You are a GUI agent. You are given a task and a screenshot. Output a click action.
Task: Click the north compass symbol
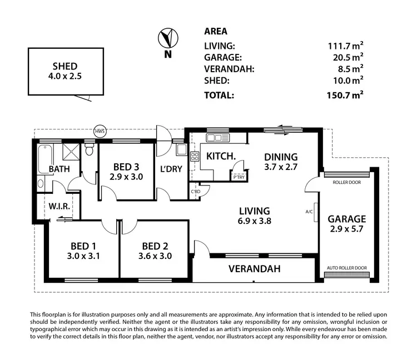pos(166,39)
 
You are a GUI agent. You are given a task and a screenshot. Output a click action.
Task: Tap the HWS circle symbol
pos(100,132)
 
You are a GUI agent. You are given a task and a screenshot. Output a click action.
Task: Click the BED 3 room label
pos(126,166)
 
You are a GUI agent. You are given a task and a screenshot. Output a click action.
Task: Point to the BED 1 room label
pos(83,246)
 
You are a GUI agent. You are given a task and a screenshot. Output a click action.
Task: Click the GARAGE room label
pos(346,218)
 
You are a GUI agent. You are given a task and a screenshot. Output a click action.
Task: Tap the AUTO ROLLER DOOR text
pos(346,268)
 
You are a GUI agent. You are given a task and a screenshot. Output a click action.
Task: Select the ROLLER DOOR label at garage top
pos(346,182)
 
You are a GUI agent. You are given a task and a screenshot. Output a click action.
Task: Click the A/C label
pos(310,212)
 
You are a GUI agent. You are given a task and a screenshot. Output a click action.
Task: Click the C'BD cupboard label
pos(195,192)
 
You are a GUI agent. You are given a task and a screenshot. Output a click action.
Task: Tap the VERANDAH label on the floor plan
pos(254,269)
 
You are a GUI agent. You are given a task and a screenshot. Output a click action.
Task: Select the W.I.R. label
pos(58,206)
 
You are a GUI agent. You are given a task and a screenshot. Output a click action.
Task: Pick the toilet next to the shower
pos(89,150)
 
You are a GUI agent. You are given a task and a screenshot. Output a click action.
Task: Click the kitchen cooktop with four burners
pos(195,157)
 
